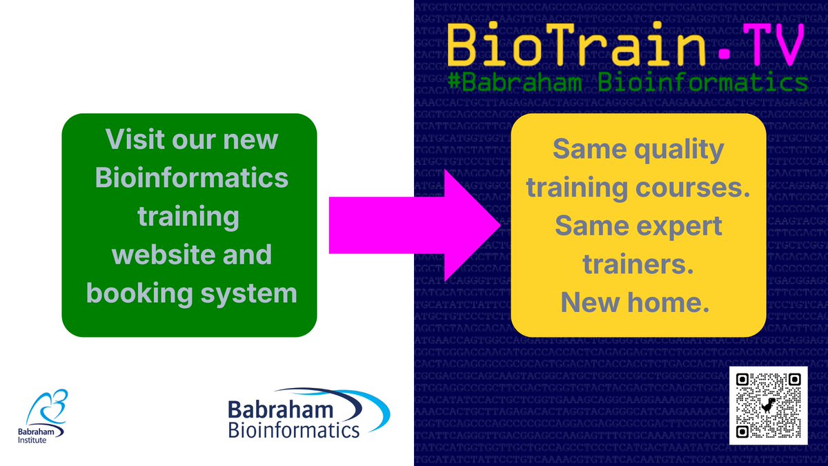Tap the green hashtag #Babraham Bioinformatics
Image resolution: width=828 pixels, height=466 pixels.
[627, 82]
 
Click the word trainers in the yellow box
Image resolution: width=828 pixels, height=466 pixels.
[638, 264]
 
